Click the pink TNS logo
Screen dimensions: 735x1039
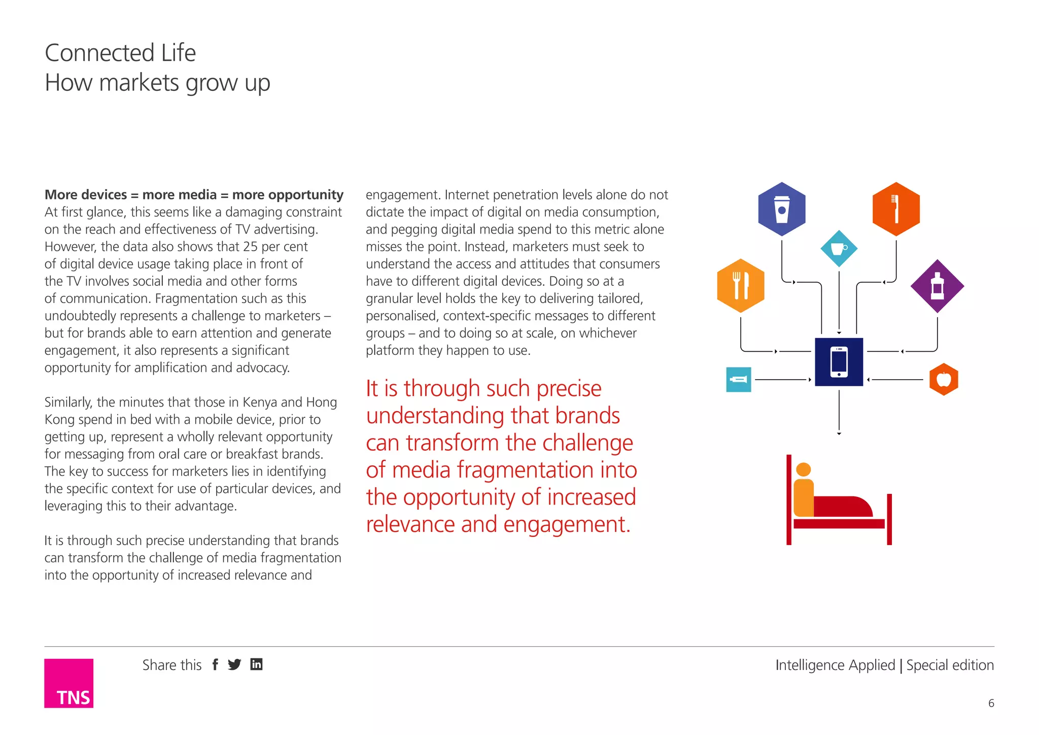coord(68,683)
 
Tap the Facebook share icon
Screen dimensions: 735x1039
coord(216,664)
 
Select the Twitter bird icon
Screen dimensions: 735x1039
coord(234,664)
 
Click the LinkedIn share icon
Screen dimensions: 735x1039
coord(257,664)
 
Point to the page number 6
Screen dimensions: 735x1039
coord(991,703)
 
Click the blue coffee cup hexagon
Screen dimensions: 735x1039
coord(782,209)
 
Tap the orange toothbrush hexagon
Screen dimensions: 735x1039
coord(896,209)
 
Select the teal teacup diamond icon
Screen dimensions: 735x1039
coord(839,249)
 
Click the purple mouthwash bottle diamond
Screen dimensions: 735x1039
coord(937,286)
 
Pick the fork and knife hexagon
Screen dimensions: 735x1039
coord(741,286)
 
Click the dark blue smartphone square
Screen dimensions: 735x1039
coord(839,362)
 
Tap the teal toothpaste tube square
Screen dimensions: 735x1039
coord(739,380)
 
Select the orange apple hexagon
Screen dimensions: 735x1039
coord(944,379)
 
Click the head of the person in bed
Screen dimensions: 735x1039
coord(804,470)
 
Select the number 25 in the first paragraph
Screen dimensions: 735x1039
coord(250,247)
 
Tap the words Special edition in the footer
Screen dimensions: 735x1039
coord(950,665)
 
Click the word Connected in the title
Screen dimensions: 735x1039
coord(99,53)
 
